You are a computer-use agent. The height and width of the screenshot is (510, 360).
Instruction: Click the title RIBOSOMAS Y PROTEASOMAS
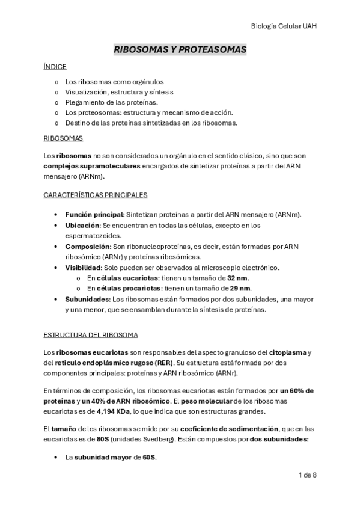coord(180,50)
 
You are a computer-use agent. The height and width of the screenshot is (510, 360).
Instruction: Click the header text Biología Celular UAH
coord(283,26)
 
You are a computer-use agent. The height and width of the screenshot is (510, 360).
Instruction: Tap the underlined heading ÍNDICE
coord(55,67)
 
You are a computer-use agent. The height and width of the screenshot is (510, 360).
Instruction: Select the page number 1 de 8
coord(307,475)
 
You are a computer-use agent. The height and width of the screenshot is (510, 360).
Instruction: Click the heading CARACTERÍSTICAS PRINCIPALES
coord(96,195)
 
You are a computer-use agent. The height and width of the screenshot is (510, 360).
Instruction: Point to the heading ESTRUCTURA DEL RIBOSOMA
coord(91,334)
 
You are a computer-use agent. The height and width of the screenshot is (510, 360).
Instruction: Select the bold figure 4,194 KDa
coord(114,412)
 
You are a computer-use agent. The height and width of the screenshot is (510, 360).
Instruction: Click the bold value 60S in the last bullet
coord(149,458)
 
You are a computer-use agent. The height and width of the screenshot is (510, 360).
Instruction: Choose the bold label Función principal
coord(94,215)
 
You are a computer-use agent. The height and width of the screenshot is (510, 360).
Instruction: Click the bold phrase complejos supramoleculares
coord(92,166)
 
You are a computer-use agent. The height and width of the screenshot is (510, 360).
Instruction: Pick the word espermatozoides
coord(94,236)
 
